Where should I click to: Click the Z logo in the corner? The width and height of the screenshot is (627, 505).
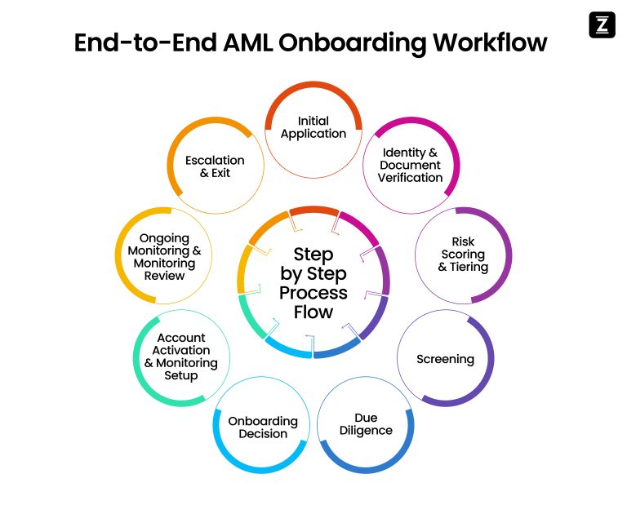601,25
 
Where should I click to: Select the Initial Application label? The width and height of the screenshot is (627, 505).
313,127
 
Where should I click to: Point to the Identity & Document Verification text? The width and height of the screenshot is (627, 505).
410,165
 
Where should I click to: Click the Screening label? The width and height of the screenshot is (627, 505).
445,359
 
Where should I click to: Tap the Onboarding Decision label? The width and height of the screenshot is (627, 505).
263,427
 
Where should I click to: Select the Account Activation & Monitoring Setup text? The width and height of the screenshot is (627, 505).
181,357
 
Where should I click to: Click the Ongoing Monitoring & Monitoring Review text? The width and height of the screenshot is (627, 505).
164,257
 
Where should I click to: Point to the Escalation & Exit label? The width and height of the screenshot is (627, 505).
215,166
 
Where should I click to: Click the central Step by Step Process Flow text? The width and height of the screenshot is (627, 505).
313,283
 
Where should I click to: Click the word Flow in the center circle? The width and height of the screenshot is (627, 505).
313,312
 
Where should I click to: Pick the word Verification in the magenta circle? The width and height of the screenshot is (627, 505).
410,178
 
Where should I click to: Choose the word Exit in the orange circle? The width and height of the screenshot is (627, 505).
221,173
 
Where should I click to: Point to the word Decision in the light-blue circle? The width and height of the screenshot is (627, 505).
263,434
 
